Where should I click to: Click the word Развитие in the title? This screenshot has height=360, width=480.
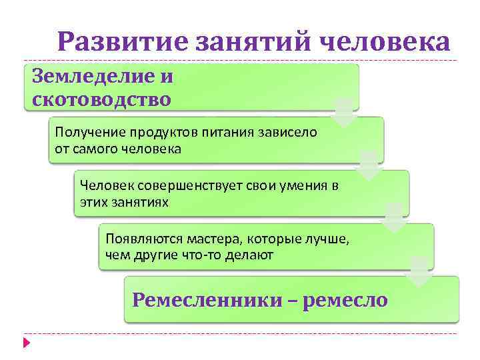(x=123, y=43)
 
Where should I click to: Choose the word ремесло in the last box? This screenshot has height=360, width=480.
(x=345, y=300)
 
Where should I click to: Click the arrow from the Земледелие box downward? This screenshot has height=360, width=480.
(x=343, y=112)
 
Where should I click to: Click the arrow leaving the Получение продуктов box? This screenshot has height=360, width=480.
(x=369, y=165)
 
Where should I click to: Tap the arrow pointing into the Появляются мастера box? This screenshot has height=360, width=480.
(x=394, y=218)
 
